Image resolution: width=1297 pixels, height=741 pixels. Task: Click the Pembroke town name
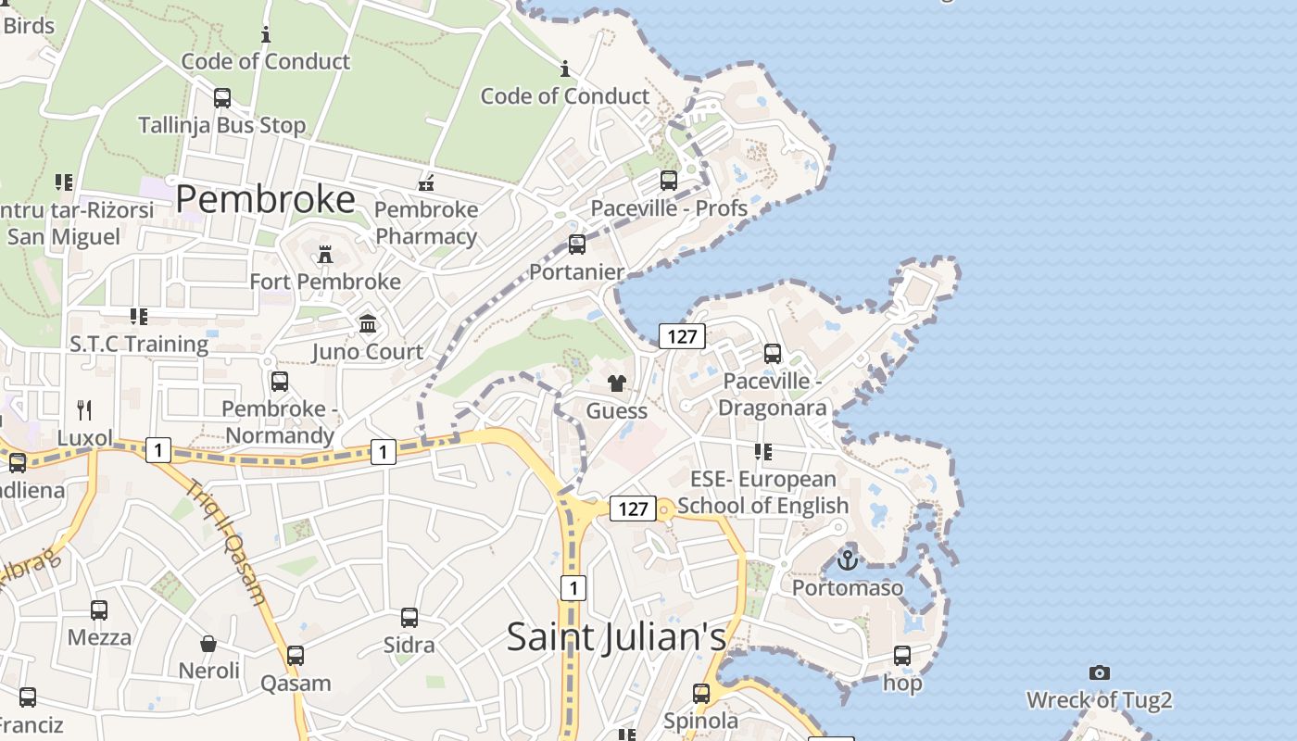265,199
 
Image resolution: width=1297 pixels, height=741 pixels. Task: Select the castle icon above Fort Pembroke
324,253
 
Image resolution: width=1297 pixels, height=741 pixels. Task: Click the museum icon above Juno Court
368,324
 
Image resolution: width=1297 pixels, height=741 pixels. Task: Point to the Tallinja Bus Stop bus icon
222,97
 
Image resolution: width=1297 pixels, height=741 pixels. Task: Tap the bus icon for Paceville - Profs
669,181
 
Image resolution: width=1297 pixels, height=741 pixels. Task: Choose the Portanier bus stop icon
577,245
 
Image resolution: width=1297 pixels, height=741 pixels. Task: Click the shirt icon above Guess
617,383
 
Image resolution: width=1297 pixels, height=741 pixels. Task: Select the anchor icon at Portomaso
847,559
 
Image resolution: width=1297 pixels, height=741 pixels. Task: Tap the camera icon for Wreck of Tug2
1100,672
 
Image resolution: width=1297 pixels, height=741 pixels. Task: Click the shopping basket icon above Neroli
209,643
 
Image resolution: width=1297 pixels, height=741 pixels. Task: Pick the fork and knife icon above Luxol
84,409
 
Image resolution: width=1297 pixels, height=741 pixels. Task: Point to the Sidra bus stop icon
409,617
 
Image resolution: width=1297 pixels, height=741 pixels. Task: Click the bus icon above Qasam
296,656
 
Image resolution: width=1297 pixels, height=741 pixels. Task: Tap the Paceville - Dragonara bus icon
773,354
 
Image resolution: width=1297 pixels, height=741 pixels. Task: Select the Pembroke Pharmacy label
426,222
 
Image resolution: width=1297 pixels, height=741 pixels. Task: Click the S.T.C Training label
139,344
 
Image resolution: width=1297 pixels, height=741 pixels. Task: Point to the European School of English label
763,492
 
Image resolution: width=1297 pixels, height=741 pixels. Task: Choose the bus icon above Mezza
99,610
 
